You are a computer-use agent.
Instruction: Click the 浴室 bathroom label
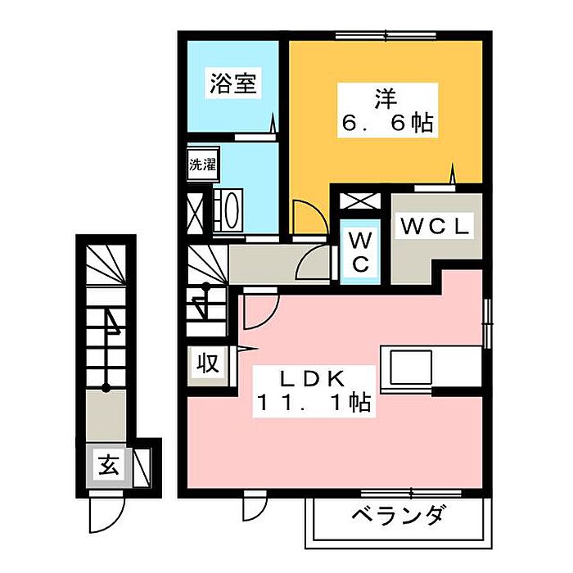tap(233, 83)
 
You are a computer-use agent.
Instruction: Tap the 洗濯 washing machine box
tap(202, 164)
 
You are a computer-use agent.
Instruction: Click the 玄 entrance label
tap(108, 467)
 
